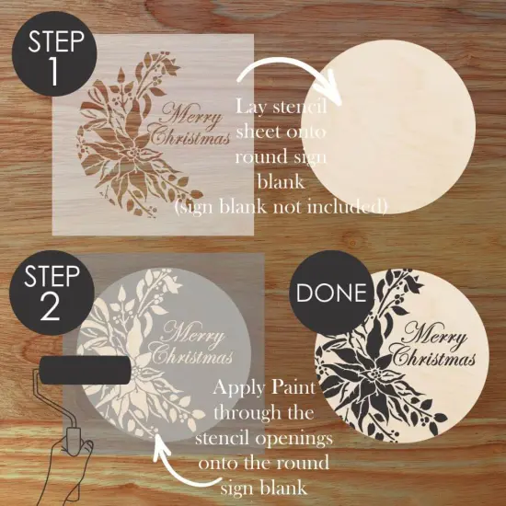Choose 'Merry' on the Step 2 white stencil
pyautogui.click(x=197, y=331)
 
